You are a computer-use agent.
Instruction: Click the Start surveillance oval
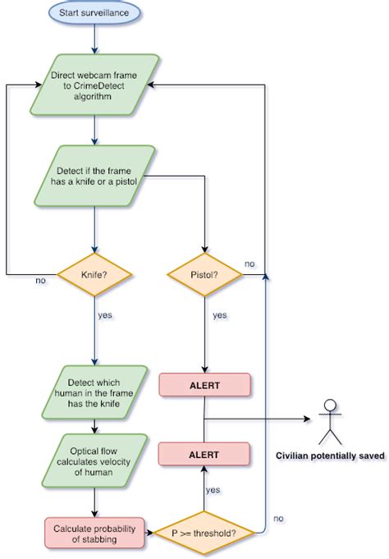tap(95, 12)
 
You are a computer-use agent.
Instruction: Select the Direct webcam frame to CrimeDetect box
tap(95, 85)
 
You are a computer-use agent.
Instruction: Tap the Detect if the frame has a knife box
tap(95, 175)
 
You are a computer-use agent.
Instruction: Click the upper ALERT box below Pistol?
tap(204, 383)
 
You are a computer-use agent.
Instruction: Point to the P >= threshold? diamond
tap(204, 533)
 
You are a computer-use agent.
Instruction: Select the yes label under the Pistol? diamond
tap(219, 314)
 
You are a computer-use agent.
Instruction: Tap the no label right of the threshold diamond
tap(278, 518)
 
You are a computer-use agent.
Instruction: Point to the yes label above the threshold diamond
tap(213, 490)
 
